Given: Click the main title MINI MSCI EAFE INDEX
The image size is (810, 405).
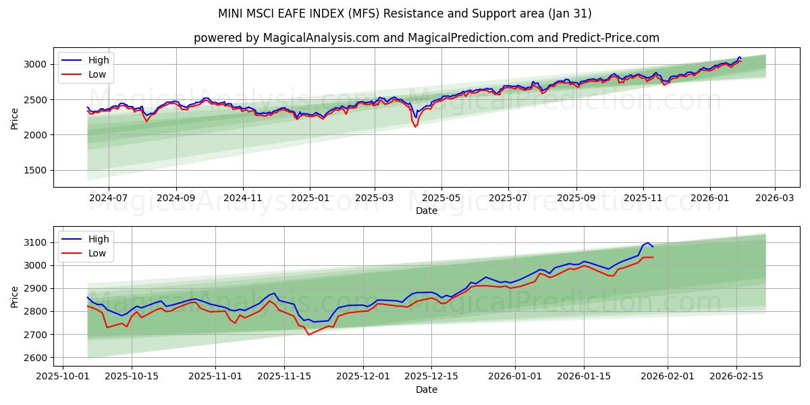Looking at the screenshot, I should point(404,13).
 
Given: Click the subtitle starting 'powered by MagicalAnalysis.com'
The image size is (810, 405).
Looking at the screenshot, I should point(426,38).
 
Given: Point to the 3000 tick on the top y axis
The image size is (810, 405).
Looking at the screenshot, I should point(35,65).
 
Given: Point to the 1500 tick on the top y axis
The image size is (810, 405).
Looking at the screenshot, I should point(35,171).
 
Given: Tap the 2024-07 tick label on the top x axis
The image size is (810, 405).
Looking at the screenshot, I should point(109,198).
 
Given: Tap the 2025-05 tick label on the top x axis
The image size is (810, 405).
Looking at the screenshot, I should point(441,198).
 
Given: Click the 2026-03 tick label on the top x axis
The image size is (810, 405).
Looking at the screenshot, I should point(774,198).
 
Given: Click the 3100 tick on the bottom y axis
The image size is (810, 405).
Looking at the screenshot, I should point(35,242).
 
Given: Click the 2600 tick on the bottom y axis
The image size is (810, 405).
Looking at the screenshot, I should point(35,358).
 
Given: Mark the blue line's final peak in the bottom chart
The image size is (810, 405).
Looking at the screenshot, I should point(647,243).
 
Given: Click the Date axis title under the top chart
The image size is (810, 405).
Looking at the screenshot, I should point(426,211).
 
